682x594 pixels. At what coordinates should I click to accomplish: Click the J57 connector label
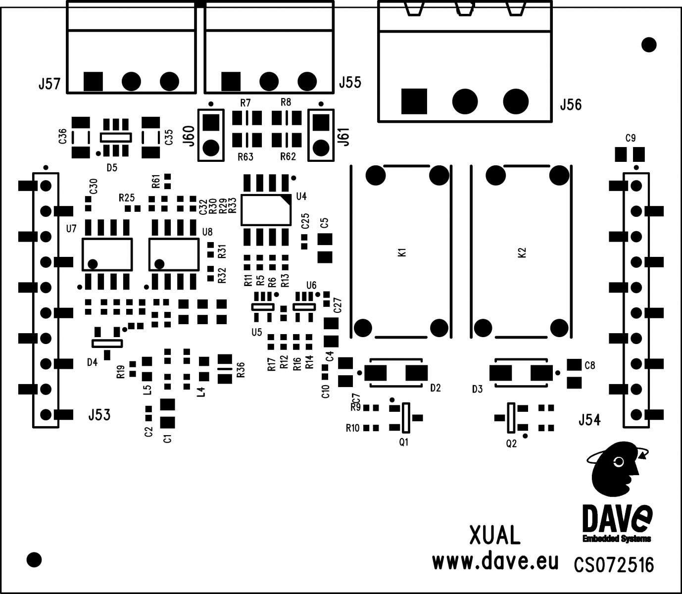[49, 84]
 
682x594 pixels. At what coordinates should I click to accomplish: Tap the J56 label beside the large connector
[571, 105]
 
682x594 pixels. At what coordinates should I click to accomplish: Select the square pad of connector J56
[414, 101]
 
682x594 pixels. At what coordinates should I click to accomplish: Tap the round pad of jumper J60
[211, 147]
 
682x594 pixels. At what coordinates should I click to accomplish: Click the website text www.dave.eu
[495, 562]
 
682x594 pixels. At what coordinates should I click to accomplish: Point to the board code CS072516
[614, 565]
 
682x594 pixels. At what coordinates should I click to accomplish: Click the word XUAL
[494, 536]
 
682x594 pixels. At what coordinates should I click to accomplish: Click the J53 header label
[99, 415]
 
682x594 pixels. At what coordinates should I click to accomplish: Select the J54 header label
[589, 420]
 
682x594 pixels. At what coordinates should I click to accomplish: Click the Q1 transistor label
[404, 442]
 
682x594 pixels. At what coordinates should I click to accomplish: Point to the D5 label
[112, 167]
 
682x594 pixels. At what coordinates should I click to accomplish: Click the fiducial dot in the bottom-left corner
[34, 560]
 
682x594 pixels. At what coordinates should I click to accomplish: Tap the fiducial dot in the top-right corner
[649, 45]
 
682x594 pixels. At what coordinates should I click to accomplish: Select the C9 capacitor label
[631, 138]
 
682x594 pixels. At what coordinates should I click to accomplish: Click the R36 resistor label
[241, 370]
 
